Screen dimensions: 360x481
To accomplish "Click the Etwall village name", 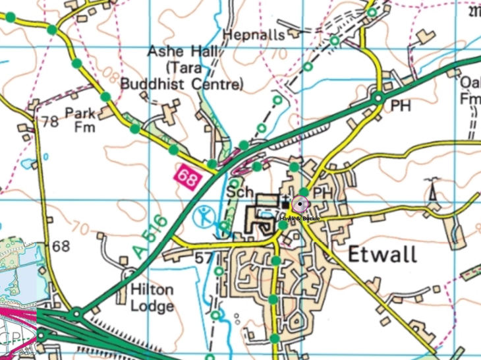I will (382, 254).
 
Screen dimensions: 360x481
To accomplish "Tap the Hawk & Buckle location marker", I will (300, 205).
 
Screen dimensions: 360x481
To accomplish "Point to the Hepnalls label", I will (254, 34).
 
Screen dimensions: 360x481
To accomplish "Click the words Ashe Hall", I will (177, 51).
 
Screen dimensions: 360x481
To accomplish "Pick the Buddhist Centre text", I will (182, 84).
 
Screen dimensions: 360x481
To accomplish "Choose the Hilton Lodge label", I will (152, 298).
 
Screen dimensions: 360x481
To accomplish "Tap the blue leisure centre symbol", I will (205, 216).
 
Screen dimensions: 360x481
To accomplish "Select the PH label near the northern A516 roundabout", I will (401, 105).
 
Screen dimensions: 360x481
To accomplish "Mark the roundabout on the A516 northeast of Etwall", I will (378, 98).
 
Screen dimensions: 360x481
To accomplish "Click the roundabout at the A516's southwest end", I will (77, 314).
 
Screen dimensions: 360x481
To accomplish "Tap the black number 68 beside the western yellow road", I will (61, 246).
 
